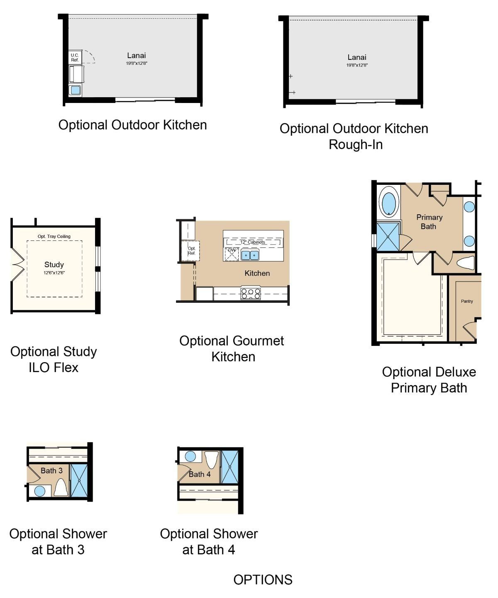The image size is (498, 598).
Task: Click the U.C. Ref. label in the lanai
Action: point(75,57)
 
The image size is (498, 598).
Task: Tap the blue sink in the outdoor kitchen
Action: point(75,91)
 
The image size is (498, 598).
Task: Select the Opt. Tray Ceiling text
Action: point(54,236)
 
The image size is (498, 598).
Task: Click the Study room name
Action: point(54,265)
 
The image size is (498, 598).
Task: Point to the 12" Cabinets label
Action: point(252,242)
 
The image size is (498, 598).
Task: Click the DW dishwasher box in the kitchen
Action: point(232,254)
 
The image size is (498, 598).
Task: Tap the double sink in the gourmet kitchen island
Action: point(250,255)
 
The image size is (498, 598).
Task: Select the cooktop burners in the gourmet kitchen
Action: point(251,294)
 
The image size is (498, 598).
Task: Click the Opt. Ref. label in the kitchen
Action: point(191,250)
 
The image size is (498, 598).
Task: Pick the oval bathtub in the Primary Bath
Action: point(389,203)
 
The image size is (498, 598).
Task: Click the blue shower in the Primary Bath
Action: point(388,237)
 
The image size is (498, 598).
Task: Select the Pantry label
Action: point(467,301)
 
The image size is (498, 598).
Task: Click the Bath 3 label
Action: point(51,471)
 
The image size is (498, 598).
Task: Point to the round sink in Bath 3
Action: point(40,491)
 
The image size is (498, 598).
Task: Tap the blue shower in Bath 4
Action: point(230,467)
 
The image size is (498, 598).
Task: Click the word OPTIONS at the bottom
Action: point(263,580)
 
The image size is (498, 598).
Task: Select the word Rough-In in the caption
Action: point(356,145)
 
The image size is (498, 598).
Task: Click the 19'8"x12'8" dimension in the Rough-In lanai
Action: point(357,65)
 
